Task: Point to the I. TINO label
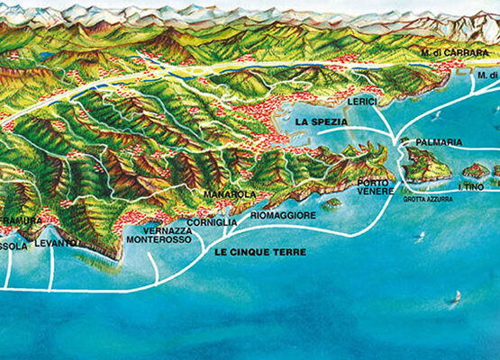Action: pos(471,186)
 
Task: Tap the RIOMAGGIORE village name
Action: pos(283,216)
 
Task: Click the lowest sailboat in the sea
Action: pos(456,296)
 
